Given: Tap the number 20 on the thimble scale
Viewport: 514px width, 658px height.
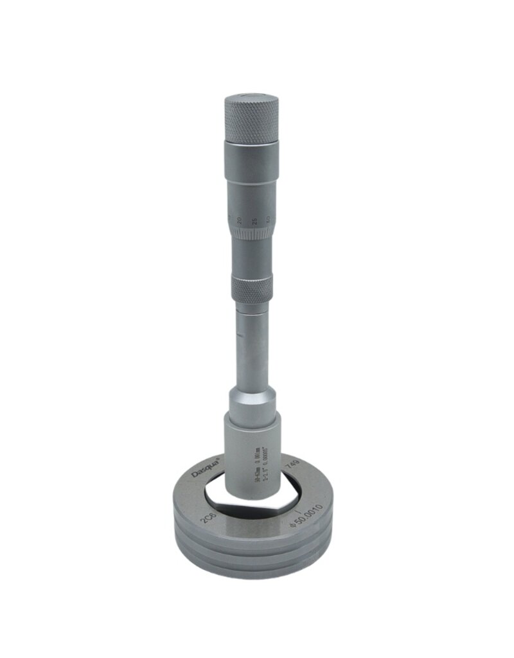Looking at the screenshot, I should tap(238, 220).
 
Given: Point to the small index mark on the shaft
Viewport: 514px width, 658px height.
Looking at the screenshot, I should tap(237, 335).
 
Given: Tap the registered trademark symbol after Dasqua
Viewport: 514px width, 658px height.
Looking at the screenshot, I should tap(220, 458).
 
